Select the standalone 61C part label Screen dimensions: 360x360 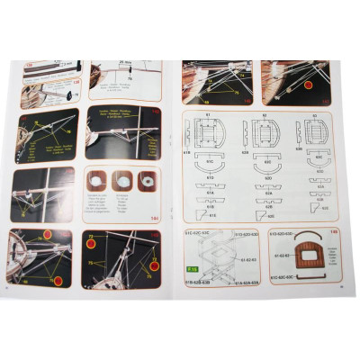pyautogui.click(x=210, y=163)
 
